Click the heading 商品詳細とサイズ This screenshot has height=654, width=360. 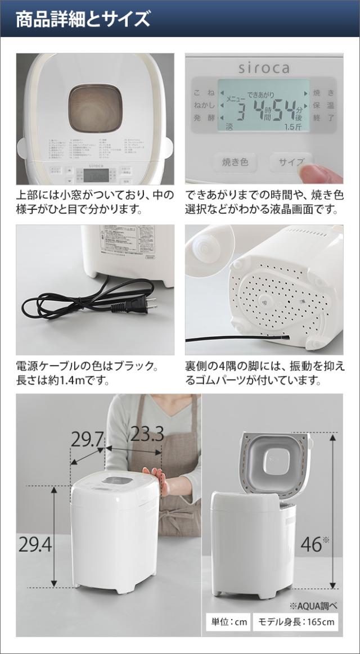pos(83,19)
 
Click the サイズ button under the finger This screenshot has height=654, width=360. pos(290,163)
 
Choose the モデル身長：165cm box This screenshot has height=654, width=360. pos(296,622)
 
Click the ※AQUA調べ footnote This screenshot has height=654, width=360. pos(313,606)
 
